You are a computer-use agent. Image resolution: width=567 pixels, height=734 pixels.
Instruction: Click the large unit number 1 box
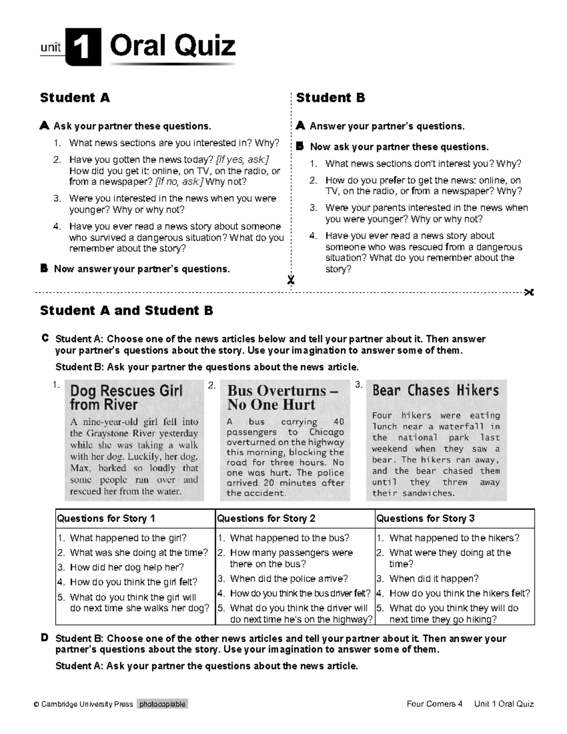[x=83, y=47]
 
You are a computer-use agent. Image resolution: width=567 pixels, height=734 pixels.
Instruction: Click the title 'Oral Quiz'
[x=172, y=47]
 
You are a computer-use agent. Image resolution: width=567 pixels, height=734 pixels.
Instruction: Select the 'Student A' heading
[x=75, y=98]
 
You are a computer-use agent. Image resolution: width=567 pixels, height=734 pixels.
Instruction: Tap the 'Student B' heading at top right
[x=330, y=98]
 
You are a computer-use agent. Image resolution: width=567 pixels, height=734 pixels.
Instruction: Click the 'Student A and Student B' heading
[x=126, y=311]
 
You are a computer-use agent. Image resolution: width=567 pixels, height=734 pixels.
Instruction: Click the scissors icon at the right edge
[x=529, y=292]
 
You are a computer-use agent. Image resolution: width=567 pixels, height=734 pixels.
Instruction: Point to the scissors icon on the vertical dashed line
[x=291, y=280]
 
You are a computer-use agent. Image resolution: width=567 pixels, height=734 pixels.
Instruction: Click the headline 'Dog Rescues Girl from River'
[x=126, y=397]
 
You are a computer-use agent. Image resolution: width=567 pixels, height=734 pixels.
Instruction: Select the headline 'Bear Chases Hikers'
[x=435, y=390]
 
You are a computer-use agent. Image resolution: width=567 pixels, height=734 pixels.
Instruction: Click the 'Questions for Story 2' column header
[x=266, y=518]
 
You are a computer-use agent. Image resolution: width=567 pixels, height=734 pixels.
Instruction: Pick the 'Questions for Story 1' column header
[x=106, y=518]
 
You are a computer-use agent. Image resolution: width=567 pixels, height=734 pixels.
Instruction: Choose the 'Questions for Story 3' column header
[x=425, y=518]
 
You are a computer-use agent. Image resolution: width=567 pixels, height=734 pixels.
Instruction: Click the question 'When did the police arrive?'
[x=289, y=579]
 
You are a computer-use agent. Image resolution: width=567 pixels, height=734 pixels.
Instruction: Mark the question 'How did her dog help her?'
[x=127, y=567]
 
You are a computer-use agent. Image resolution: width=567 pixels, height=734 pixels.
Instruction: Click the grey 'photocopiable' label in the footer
[x=163, y=704]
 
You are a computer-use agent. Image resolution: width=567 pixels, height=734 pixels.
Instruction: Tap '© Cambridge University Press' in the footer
[x=83, y=704]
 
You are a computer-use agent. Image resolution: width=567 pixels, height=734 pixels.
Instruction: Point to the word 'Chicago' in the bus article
[x=326, y=432]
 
